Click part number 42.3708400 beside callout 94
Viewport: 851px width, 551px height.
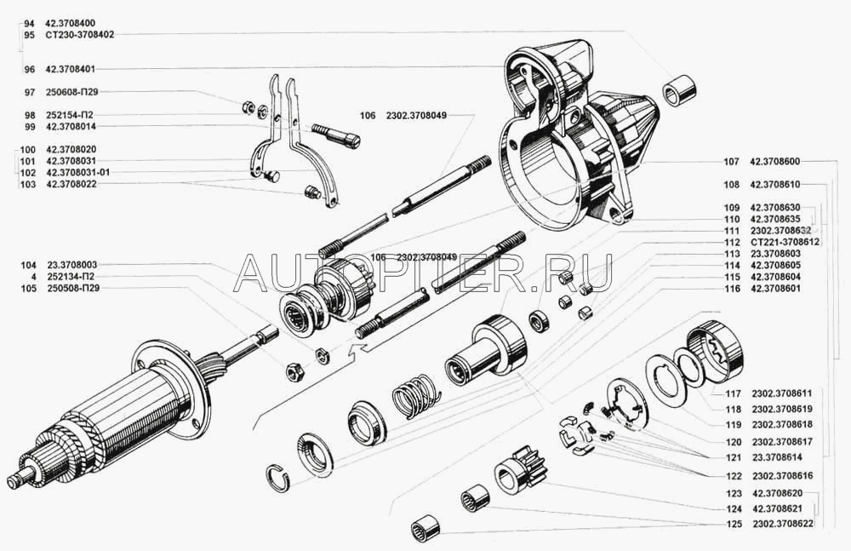point(70,20)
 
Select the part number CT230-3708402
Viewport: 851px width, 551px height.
point(80,35)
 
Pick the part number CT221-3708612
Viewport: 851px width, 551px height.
point(785,242)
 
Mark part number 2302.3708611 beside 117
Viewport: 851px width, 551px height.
point(782,393)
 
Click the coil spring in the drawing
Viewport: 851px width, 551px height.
point(415,396)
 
